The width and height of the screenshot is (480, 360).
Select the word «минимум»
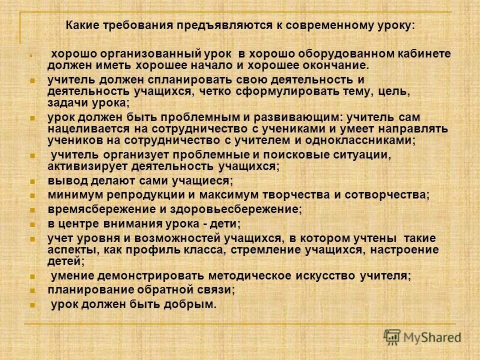tap(71, 194)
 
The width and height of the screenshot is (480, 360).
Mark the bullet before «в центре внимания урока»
tap(32, 224)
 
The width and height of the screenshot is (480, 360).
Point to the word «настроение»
tap(406, 249)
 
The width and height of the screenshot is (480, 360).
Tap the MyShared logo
tap(422, 336)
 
